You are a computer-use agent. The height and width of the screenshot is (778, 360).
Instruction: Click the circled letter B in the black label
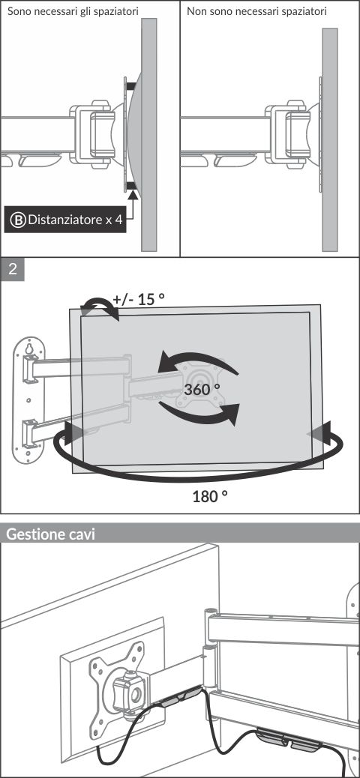click(x=18, y=220)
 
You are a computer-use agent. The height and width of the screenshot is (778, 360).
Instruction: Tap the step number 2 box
click(x=13, y=269)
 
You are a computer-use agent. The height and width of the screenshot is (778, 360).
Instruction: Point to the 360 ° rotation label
click(x=202, y=388)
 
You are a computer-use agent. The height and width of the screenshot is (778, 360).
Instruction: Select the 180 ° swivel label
click(x=210, y=495)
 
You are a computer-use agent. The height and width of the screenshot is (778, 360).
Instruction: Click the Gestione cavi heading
click(x=50, y=534)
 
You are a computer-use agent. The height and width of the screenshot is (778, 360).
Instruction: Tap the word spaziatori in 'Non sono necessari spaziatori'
click(x=304, y=11)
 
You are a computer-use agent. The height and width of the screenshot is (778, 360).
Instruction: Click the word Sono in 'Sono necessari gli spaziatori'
click(x=17, y=11)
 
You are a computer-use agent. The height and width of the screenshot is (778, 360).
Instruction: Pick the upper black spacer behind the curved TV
click(x=131, y=86)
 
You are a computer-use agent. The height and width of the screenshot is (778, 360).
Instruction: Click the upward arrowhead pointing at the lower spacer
click(x=132, y=195)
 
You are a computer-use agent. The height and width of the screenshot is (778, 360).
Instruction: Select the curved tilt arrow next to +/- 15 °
click(x=100, y=307)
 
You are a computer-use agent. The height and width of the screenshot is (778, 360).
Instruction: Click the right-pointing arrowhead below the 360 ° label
click(x=228, y=414)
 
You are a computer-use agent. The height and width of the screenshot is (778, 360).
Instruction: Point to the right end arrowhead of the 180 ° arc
click(x=319, y=434)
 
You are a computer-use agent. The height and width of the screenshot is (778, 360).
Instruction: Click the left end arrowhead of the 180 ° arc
click(x=73, y=434)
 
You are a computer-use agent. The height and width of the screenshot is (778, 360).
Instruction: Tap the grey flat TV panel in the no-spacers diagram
click(x=330, y=139)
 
